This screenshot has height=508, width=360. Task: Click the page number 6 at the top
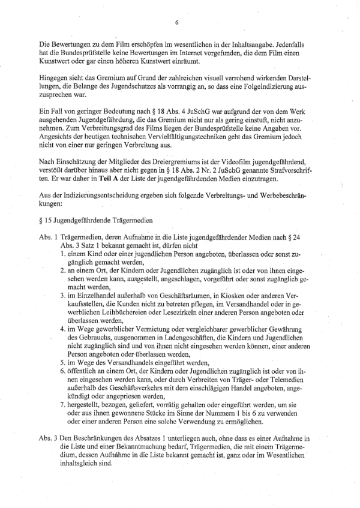coord(177,22)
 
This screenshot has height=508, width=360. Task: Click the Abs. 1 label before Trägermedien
coord(46,238)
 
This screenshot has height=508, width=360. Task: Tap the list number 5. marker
coord(63,362)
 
